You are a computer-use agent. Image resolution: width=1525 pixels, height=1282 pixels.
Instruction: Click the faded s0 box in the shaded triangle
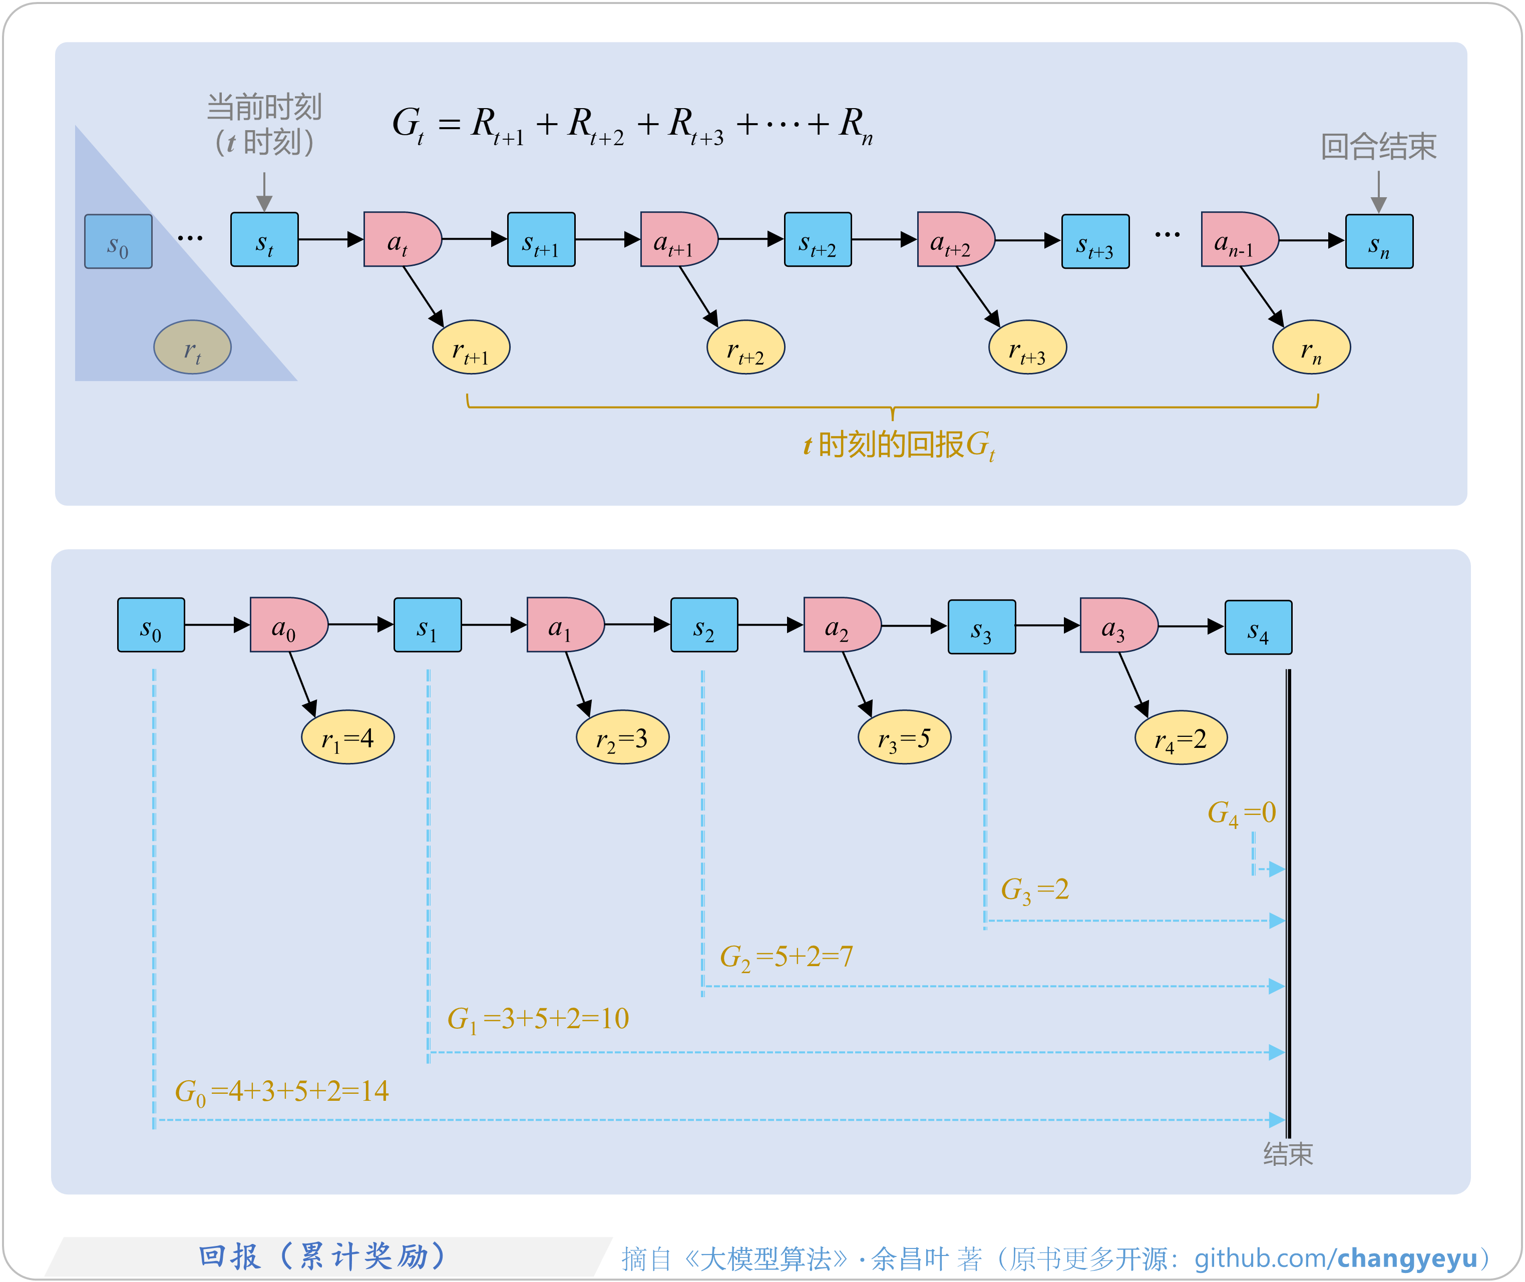tap(118, 241)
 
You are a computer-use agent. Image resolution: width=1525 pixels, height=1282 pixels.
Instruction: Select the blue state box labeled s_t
tap(264, 240)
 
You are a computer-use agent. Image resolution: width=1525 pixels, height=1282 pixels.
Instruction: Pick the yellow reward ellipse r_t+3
tap(1027, 347)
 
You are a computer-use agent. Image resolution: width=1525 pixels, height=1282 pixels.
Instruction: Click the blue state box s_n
tap(1379, 241)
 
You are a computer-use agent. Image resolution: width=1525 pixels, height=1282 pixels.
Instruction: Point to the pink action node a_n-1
tap(1238, 240)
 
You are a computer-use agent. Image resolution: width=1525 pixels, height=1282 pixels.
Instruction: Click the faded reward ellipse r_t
tap(192, 347)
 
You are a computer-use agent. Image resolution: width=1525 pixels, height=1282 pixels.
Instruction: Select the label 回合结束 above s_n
tap(1378, 147)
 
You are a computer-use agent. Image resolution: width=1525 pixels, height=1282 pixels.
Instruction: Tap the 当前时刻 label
tap(264, 108)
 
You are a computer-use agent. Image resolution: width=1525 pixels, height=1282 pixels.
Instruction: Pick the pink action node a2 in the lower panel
tap(840, 625)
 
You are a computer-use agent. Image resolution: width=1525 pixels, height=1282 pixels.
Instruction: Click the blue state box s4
tap(1258, 627)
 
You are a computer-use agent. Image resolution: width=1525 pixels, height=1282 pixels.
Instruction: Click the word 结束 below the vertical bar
tap(1288, 1154)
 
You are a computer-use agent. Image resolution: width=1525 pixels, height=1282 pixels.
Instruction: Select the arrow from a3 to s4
tap(1190, 626)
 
